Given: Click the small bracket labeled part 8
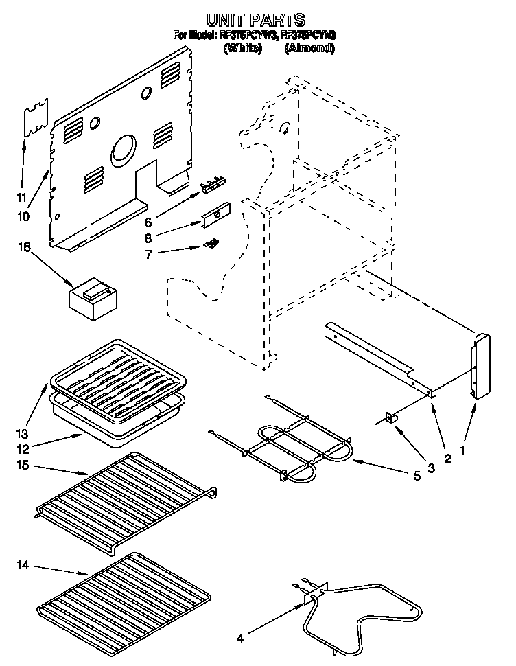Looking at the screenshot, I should click(215, 216).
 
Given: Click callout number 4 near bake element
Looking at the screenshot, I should click(239, 638).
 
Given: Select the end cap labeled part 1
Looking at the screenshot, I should click(478, 364).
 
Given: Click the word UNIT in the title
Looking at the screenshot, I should click(224, 20).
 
